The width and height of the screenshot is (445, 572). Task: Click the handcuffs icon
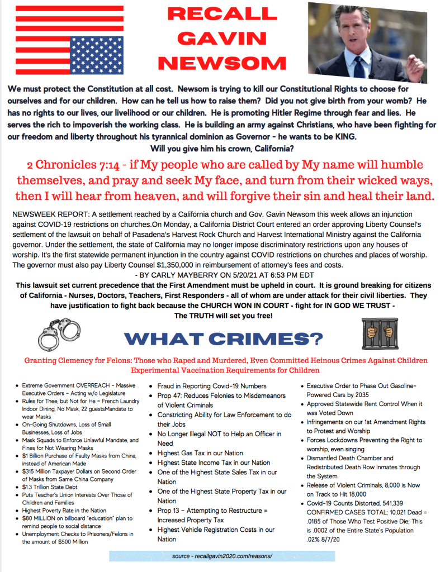pyautogui.click(x=58, y=335)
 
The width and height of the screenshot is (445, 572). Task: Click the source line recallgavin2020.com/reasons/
pyautogui.click(x=222, y=556)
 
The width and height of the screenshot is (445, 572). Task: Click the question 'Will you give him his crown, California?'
pyautogui.click(x=221, y=148)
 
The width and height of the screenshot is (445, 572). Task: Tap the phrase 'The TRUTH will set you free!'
pyautogui.click(x=223, y=316)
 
